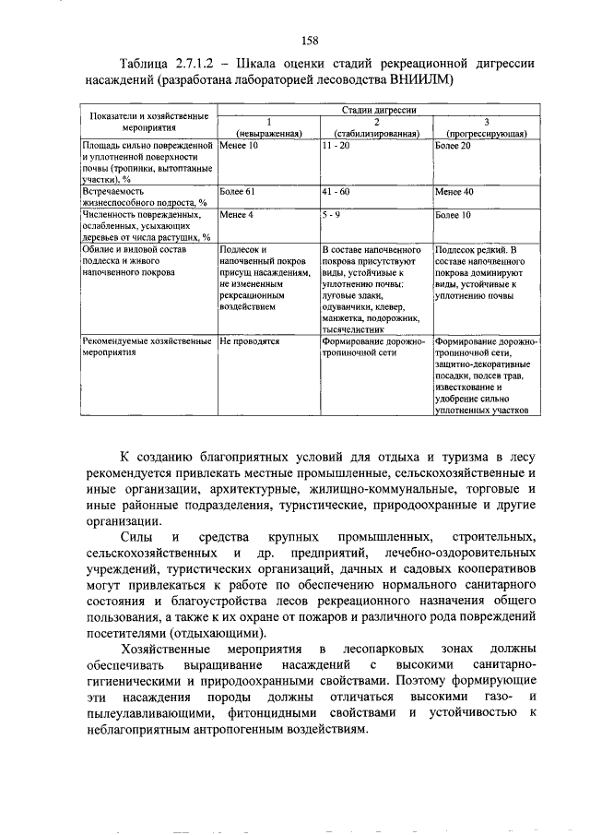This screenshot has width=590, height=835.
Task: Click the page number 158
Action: pyautogui.click(x=309, y=39)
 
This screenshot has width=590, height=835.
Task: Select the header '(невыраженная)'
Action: pyautogui.click(x=269, y=134)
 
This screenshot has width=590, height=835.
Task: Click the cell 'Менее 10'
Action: pyautogui.click(x=239, y=147)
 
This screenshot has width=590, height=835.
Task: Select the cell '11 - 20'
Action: pyautogui.click(x=336, y=147)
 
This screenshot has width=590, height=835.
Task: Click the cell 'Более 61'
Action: pyautogui.click(x=239, y=192)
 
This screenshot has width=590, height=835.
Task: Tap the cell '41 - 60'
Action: pyautogui.click(x=336, y=192)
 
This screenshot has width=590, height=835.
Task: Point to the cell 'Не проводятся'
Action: pyautogui.click(x=249, y=340)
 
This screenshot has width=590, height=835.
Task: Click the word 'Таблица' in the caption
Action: pyautogui.click(x=149, y=62)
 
